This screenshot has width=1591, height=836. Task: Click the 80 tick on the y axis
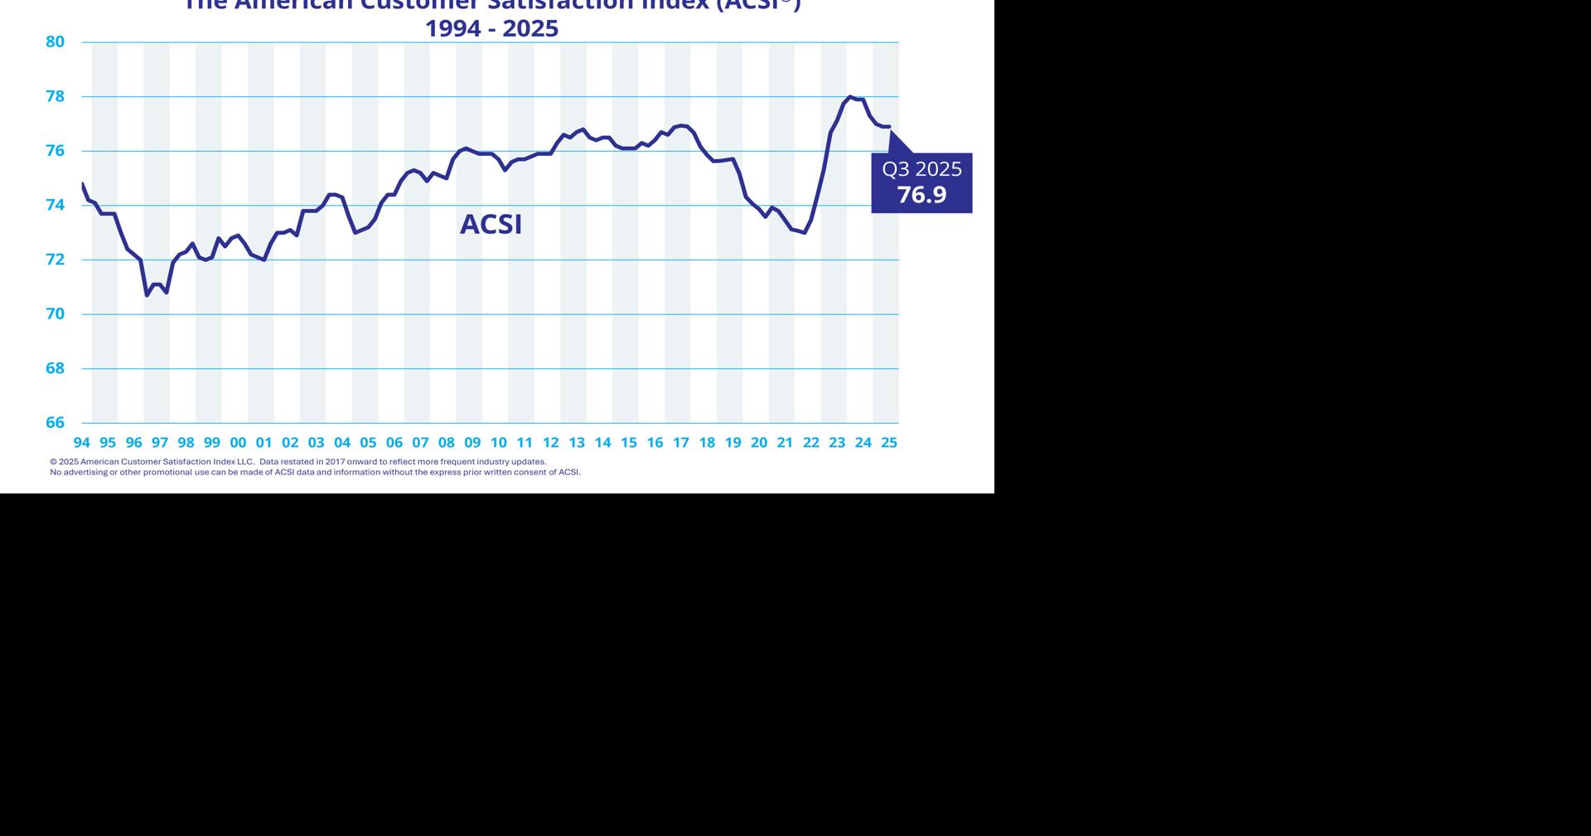(55, 41)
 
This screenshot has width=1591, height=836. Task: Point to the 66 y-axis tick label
(55, 422)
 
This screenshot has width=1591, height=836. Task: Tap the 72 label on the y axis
(55, 260)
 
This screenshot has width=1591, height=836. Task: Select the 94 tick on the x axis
(81, 443)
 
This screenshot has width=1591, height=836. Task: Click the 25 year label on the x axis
(889, 443)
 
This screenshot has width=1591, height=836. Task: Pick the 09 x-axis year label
(472, 443)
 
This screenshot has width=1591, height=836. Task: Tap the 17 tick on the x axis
(680, 443)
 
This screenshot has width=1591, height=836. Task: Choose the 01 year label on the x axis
(264, 443)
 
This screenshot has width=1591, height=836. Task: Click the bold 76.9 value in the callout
(921, 195)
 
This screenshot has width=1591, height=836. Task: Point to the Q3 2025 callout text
(921, 169)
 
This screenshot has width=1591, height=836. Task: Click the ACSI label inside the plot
(491, 225)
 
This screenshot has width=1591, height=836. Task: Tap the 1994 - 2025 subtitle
(491, 29)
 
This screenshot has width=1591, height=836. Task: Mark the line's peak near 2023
(850, 97)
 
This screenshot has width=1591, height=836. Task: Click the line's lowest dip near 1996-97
(147, 295)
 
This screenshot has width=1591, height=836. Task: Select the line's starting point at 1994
(83, 183)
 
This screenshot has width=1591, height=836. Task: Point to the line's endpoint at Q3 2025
(889, 127)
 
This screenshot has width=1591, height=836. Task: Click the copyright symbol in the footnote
(53, 462)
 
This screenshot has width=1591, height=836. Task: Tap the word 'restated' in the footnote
(297, 462)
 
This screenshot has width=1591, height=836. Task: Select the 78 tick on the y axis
(55, 96)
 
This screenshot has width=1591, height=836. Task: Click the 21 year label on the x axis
(785, 443)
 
